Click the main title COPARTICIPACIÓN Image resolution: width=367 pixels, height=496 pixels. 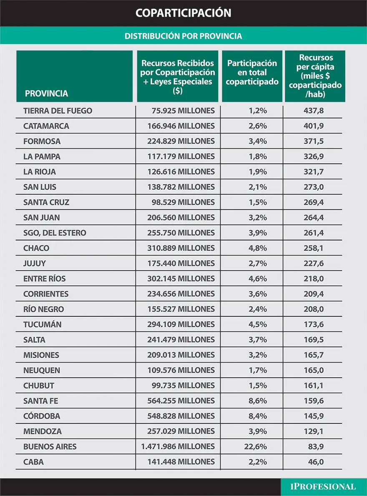[183, 13]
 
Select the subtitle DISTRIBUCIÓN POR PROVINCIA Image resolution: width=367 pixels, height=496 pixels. [183, 36]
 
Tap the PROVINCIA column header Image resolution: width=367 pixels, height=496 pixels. [46, 93]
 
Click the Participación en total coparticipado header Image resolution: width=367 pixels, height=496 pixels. [252, 73]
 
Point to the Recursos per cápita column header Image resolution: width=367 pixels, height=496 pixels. [315, 76]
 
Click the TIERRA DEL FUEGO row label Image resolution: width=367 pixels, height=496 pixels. [58, 111]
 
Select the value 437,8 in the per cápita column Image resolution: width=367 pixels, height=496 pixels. [314, 111]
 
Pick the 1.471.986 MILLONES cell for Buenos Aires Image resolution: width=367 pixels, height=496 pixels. [178, 446]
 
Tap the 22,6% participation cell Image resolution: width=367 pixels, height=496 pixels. [255, 446]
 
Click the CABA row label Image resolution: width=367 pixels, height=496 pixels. [33, 462]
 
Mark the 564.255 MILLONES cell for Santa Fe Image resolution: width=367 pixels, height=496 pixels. [181, 401]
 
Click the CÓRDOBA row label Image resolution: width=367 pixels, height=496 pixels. [42, 416]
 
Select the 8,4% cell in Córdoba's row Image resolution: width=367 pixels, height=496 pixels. [257, 416]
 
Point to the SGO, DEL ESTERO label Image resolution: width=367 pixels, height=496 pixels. [55, 233]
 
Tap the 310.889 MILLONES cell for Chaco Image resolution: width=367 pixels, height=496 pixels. [181, 248]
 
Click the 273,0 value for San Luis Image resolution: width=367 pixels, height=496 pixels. [314, 187]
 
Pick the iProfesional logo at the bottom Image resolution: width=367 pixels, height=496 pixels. [324, 486]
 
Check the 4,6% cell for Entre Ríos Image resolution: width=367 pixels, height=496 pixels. [257, 278]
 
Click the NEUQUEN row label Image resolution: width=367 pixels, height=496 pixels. [42, 370]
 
